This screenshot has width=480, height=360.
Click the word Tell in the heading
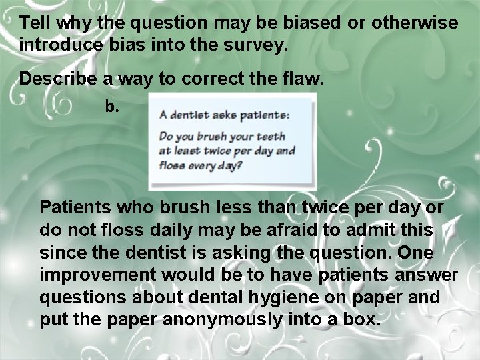click(35, 23)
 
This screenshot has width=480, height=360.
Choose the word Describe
click(58, 79)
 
